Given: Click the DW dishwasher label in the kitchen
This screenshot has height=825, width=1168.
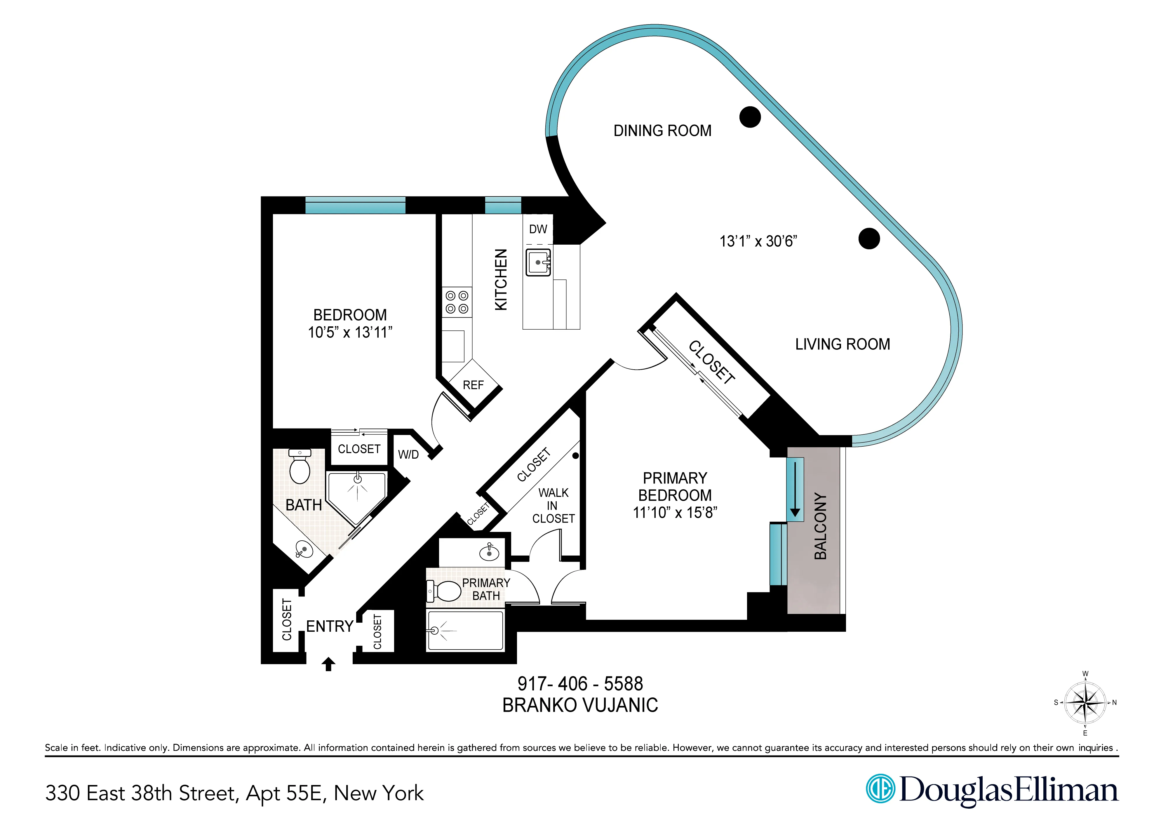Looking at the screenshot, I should [538, 229].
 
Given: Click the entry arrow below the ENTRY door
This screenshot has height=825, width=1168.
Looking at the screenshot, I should [329, 664].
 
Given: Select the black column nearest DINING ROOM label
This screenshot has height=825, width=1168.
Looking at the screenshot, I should [750, 117].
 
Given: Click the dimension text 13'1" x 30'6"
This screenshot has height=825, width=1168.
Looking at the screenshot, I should [758, 241].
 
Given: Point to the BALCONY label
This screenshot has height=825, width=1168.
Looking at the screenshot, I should [820, 526].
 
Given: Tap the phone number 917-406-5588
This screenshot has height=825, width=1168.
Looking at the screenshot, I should [580, 684].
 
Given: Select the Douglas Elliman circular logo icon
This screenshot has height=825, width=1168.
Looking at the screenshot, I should [880, 789].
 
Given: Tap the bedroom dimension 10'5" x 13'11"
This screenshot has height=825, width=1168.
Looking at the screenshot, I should [350, 333].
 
